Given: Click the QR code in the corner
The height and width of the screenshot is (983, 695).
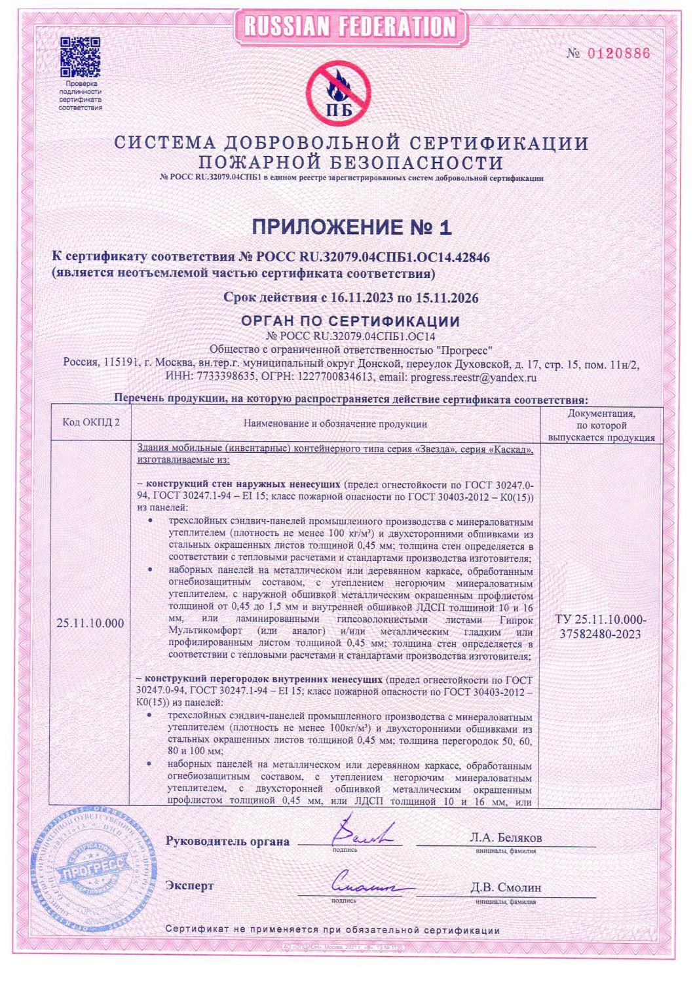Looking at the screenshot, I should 81,56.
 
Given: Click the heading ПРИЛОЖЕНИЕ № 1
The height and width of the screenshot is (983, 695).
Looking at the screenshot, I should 352,227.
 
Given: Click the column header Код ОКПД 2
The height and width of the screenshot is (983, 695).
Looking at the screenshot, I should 91,423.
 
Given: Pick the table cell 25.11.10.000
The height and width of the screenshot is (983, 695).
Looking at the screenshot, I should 90,623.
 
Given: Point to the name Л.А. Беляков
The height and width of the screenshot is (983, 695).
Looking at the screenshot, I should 506,838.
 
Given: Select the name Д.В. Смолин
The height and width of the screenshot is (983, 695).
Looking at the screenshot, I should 506,888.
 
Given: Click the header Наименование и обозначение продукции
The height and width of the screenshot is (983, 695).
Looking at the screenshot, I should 335,424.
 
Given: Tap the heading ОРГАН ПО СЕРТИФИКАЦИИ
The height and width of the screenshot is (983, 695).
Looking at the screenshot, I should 350,322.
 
